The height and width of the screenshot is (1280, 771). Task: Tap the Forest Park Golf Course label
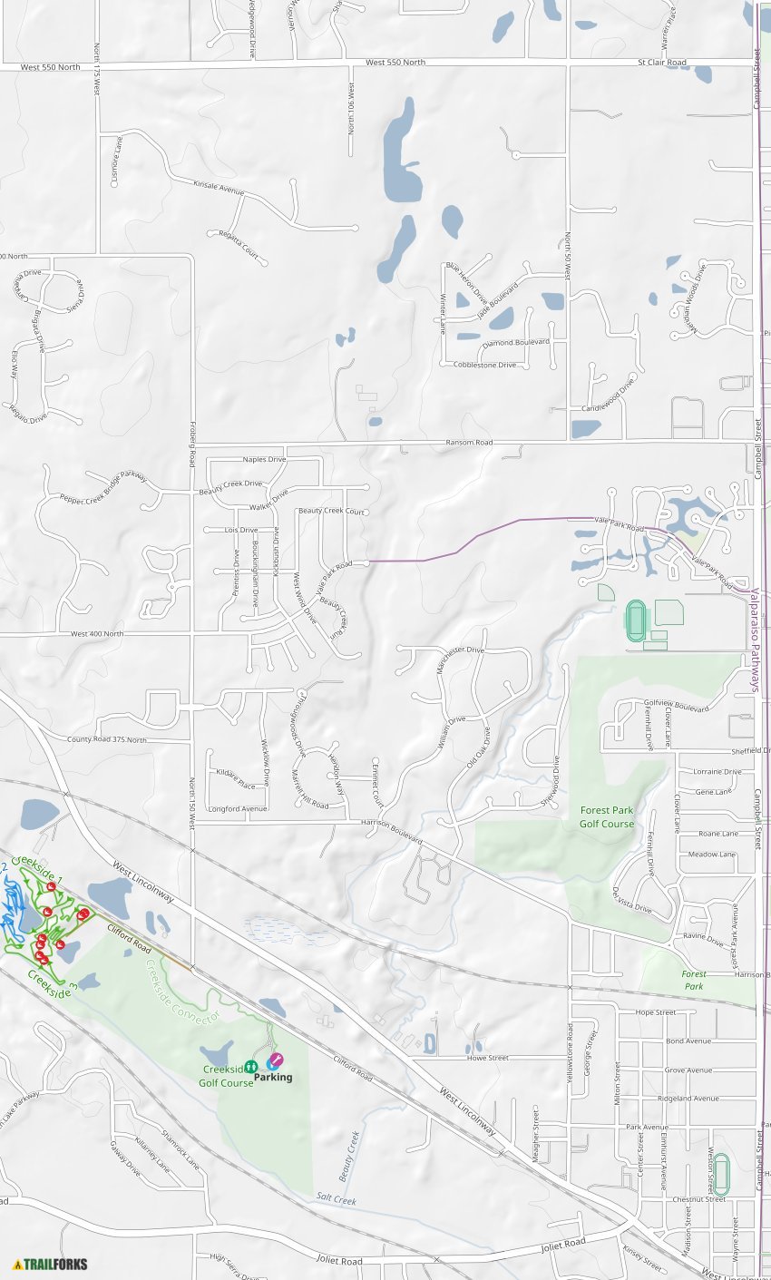[x=607, y=816]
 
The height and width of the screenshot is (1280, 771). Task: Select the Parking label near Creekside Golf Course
[x=272, y=1078]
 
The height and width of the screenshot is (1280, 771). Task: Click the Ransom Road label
[x=469, y=443]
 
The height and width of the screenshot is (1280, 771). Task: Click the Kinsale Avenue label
[x=219, y=191]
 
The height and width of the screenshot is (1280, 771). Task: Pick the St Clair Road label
[x=661, y=63]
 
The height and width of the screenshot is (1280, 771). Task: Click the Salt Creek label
[x=337, y=1199]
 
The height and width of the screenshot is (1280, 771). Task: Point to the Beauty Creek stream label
[x=349, y=1156]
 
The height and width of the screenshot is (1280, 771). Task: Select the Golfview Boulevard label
[x=676, y=706]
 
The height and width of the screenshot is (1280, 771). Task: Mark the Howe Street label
[x=487, y=1058]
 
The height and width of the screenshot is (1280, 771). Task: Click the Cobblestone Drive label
[x=484, y=365]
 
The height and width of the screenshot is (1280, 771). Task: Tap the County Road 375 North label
[x=106, y=739]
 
